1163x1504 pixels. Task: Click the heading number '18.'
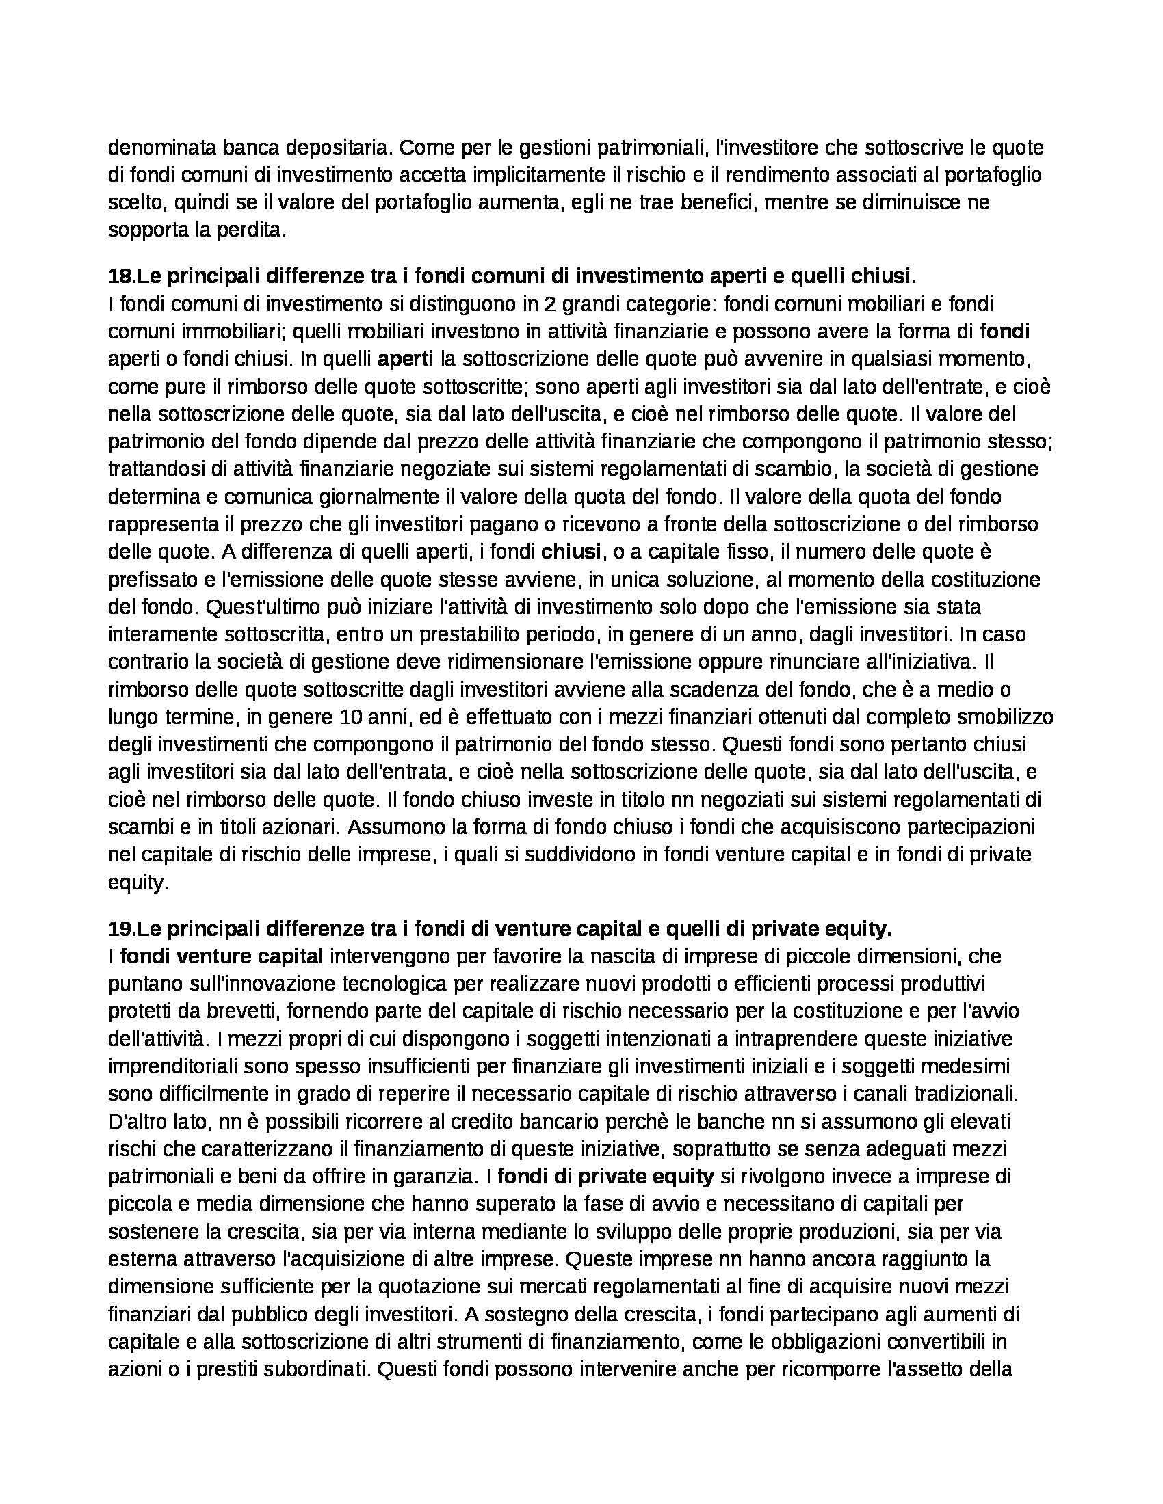pos(122,276)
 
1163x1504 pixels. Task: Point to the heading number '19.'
pos(122,929)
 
